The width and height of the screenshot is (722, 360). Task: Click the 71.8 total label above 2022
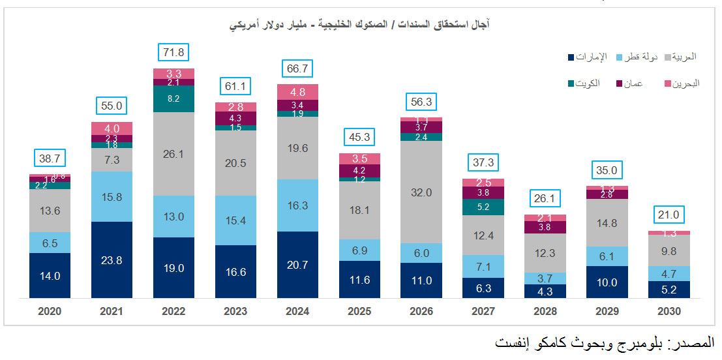[x=174, y=52]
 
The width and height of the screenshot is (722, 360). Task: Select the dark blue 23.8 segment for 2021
[x=112, y=260]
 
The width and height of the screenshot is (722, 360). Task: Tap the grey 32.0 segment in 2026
[x=421, y=192]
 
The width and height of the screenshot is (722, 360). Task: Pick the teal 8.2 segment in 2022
[x=174, y=98]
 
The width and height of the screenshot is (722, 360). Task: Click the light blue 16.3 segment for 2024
[x=298, y=205]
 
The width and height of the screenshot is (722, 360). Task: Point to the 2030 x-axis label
[x=669, y=312]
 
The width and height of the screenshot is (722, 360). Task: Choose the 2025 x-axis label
[x=359, y=312]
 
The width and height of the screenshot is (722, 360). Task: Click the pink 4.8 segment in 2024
[x=298, y=92]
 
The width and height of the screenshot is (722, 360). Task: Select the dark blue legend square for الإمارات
[x=572, y=58]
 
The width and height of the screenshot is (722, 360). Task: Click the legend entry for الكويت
[x=586, y=83]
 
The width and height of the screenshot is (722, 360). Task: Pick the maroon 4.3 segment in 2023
[x=236, y=118]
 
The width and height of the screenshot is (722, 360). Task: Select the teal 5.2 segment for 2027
[x=483, y=207]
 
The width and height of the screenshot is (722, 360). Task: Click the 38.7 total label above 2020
[x=50, y=158]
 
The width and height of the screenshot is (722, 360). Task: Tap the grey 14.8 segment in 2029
[x=607, y=222]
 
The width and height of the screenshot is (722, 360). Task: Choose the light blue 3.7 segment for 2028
[x=545, y=278]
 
